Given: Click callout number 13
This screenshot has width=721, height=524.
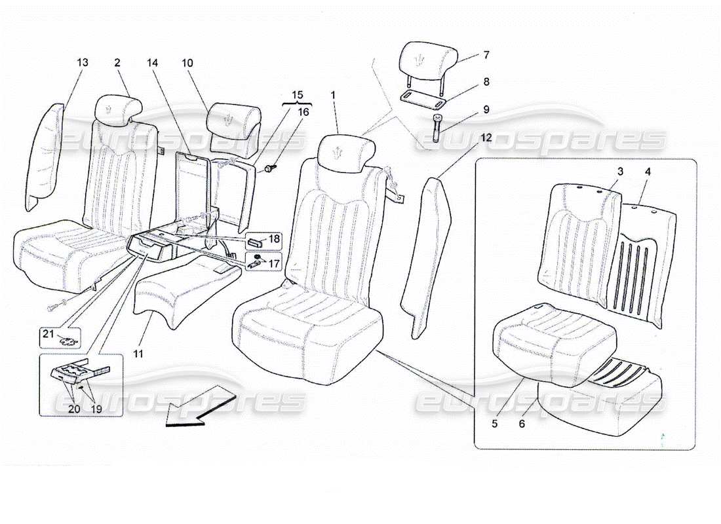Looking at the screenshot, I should click(x=82, y=62).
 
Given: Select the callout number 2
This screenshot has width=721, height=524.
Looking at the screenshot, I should click(x=117, y=62).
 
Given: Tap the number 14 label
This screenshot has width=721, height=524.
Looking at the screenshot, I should click(x=153, y=62).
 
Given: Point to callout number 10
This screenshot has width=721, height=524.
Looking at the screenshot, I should click(x=187, y=62).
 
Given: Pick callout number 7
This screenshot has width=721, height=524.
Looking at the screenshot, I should click(x=486, y=56).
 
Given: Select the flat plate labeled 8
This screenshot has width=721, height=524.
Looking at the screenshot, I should click(x=423, y=99).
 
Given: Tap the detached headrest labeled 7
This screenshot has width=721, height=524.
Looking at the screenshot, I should click(x=425, y=59).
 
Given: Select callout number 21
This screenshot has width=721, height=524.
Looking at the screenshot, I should click(x=47, y=334).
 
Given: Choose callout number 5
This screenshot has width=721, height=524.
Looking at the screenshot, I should click(x=495, y=424).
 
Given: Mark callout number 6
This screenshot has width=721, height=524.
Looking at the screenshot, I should click(x=522, y=424).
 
